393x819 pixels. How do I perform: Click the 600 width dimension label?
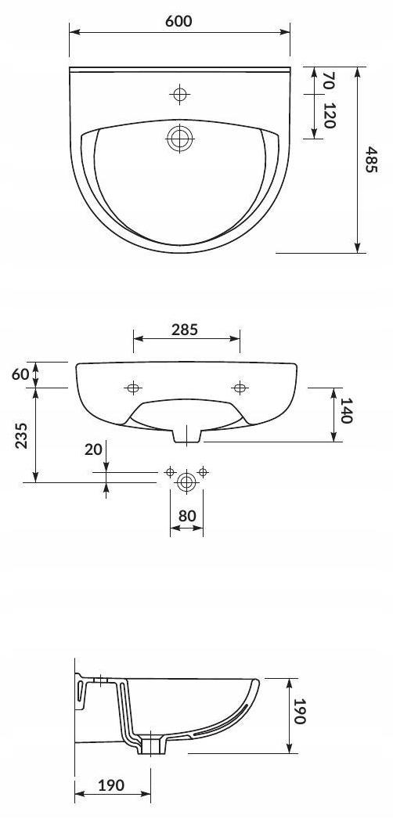[179, 21]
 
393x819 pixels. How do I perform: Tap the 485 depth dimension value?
[370, 160]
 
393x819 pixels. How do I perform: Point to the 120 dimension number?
[328, 116]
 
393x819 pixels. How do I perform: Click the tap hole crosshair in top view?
[180, 94]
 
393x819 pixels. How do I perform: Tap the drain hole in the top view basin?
[180, 139]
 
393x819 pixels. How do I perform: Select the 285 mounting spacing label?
[185, 330]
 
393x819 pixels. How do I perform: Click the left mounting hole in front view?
[134, 388]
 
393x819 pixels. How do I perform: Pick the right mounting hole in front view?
[240, 388]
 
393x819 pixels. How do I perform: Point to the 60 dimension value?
[20, 374]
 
